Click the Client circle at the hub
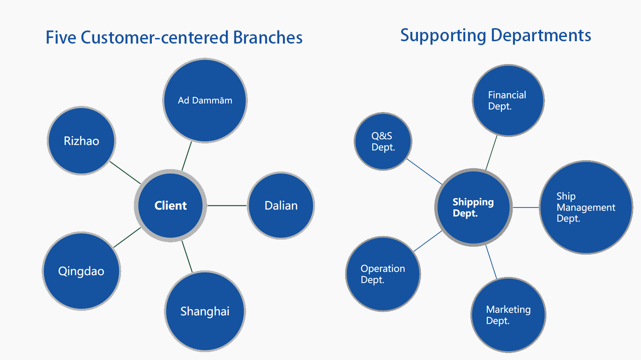tap(171, 205)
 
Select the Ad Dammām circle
tap(205, 100)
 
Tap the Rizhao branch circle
tap(82, 141)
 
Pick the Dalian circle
tap(281, 205)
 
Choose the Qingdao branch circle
tap(81, 271)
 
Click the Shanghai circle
tap(205, 311)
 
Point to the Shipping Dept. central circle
tap(474, 207)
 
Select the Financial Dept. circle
tap(508, 100)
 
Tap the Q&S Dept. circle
tap(383, 142)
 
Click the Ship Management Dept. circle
tap(586, 207)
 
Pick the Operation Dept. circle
tap(383, 274)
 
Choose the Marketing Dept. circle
tap(508, 315)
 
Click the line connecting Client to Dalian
tap(227, 205)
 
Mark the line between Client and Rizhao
tap(125, 173)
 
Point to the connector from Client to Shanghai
tap(187, 256)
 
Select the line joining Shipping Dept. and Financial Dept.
tap(492, 153)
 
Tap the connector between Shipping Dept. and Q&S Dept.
tap(425, 172)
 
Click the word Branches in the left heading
tap(268, 37)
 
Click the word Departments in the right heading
tap(541, 36)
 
